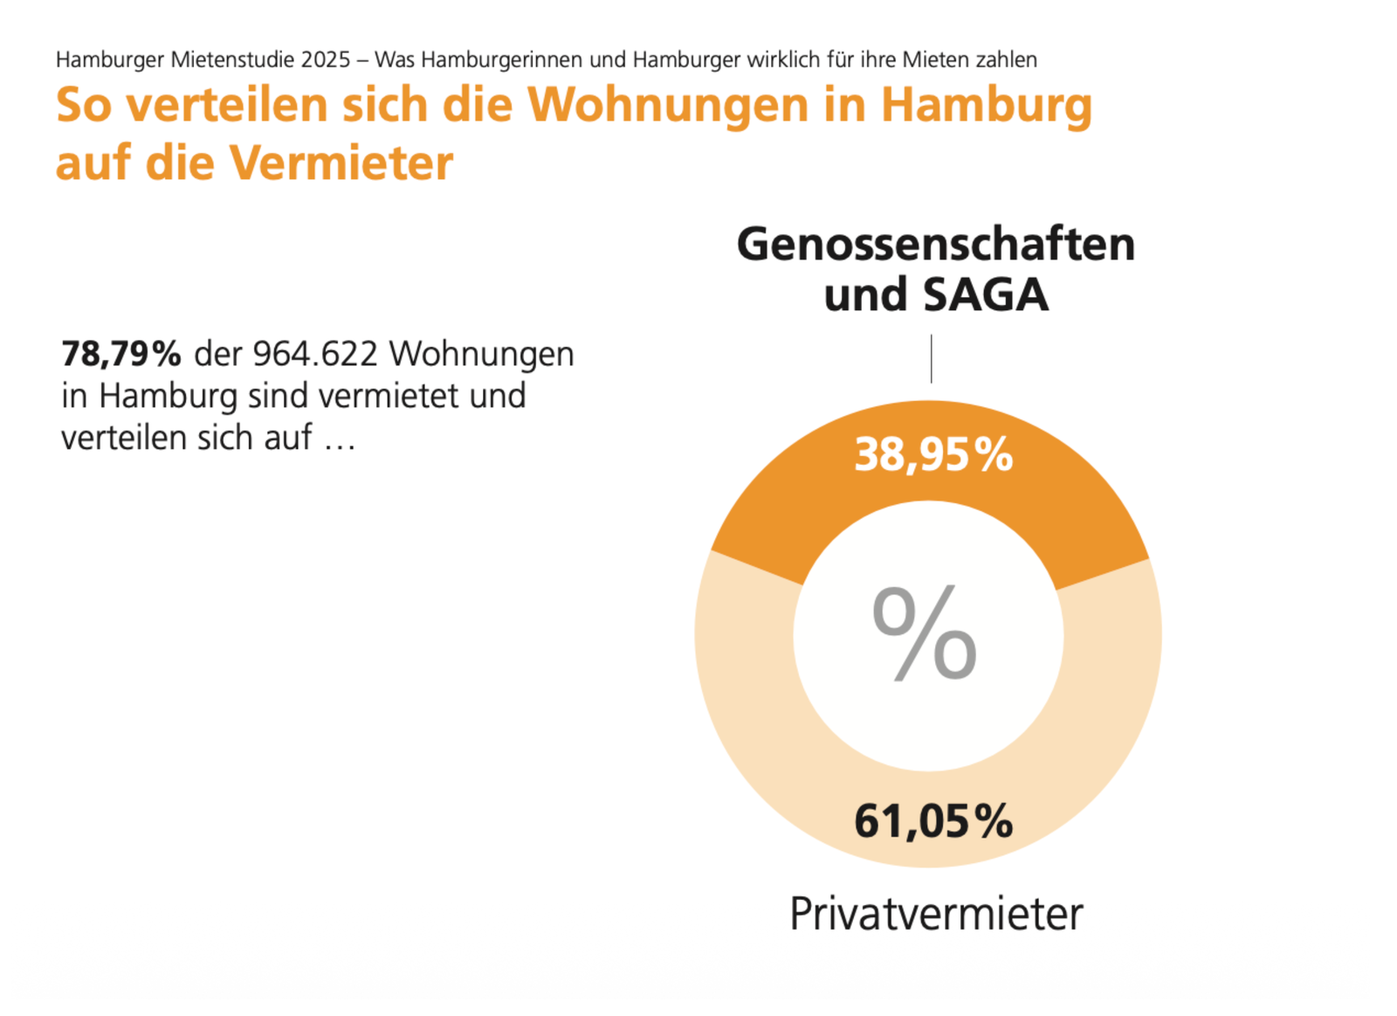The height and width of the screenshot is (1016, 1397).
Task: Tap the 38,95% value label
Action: click(932, 455)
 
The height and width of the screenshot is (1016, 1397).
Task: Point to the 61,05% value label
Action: click(932, 821)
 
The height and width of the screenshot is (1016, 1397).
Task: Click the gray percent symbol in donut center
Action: click(925, 633)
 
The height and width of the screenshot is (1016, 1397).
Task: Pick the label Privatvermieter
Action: click(935, 914)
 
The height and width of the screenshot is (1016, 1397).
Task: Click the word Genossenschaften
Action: click(935, 244)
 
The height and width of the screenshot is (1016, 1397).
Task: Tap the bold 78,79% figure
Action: click(121, 354)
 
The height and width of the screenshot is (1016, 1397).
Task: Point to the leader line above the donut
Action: click(931, 358)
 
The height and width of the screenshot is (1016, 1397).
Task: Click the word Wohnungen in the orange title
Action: click(669, 105)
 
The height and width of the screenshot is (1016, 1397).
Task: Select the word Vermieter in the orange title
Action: click(341, 162)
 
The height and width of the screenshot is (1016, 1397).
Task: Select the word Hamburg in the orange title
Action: click(986, 105)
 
